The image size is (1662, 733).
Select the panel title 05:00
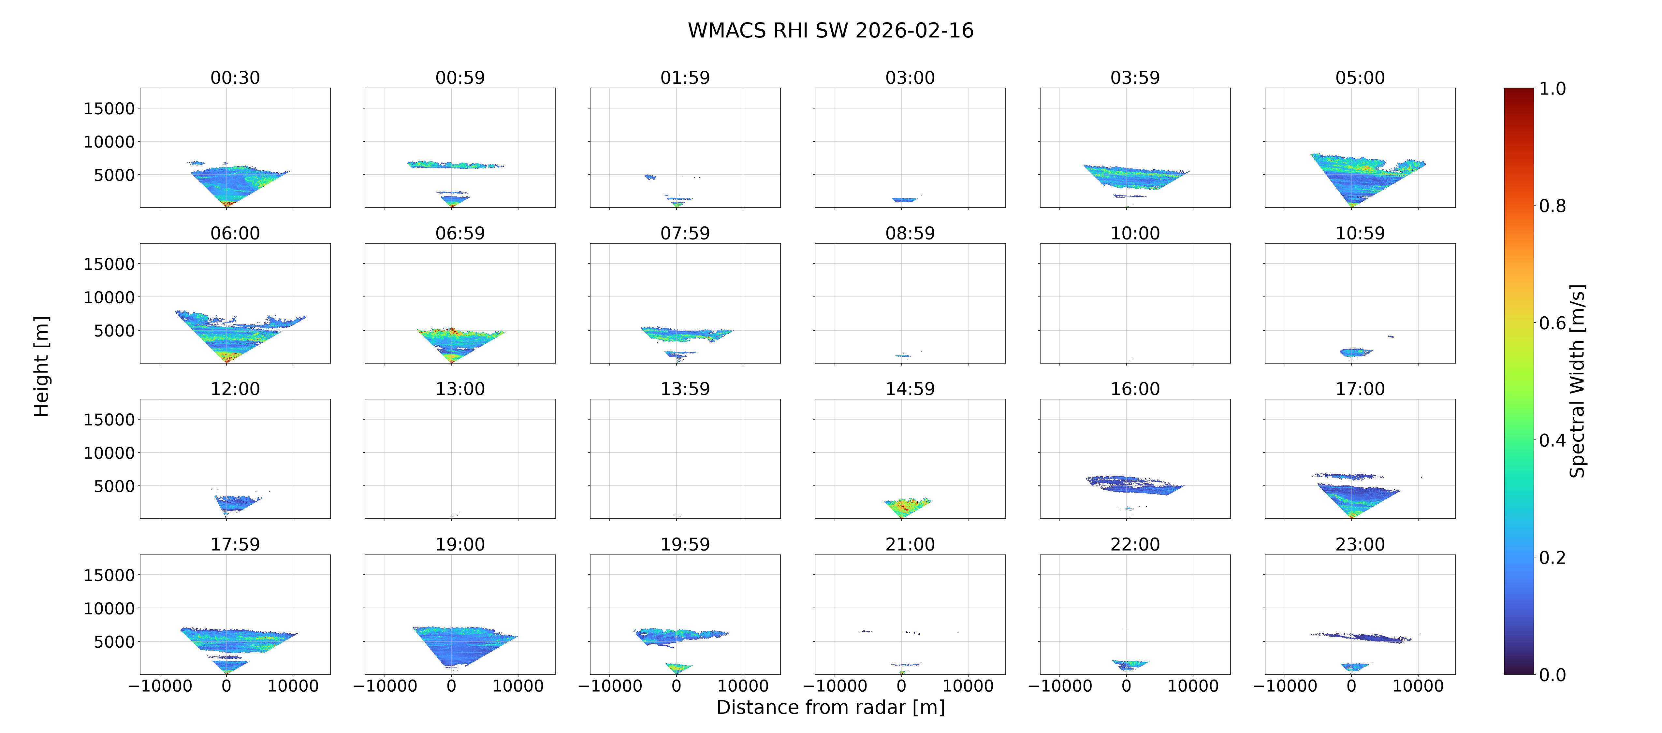1360,78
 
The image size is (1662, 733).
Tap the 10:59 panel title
1360,234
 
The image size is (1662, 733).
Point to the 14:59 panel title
910,389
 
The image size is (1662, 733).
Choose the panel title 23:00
1360,545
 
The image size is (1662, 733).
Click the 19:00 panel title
460,545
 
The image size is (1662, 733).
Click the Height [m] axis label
41,366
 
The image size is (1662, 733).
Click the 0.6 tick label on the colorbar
1552,323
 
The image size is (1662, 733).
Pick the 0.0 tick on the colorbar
1552,675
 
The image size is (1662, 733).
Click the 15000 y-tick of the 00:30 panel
109,108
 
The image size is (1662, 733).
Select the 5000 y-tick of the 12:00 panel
114,486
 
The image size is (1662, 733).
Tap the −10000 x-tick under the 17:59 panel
160,686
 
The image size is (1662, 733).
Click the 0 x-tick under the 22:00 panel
1127,686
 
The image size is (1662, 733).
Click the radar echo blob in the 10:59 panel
1356,352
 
